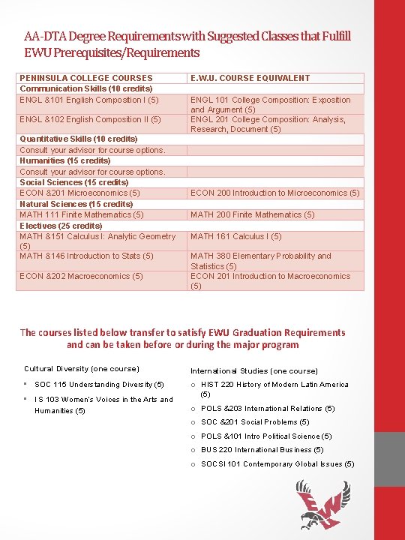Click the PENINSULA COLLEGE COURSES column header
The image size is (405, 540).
[x=86, y=78]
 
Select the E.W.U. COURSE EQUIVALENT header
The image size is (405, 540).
[x=250, y=78]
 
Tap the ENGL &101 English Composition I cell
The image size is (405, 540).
[x=89, y=100]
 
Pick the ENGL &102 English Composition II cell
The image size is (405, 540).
[x=90, y=119]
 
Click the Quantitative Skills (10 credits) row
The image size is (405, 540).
[x=79, y=139]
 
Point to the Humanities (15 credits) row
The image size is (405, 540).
[x=65, y=160]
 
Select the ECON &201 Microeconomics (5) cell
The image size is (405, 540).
[x=80, y=193]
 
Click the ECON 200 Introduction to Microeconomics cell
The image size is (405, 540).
[x=274, y=193]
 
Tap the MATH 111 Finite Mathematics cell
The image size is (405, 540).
[x=82, y=214]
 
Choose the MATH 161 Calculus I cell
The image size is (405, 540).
[x=236, y=236]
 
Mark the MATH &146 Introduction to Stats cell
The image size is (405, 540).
[x=87, y=256]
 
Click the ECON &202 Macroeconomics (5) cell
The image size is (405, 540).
[x=81, y=276]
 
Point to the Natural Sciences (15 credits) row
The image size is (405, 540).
[x=76, y=204]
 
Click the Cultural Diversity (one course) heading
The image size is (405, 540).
[x=82, y=369]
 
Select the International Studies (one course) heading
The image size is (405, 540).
[x=254, y=370]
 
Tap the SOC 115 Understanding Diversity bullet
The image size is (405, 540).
[x=99, y=385]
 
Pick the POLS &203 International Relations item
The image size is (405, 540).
[x=268, y=409]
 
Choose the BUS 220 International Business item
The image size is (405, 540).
[x=262, y=450]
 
